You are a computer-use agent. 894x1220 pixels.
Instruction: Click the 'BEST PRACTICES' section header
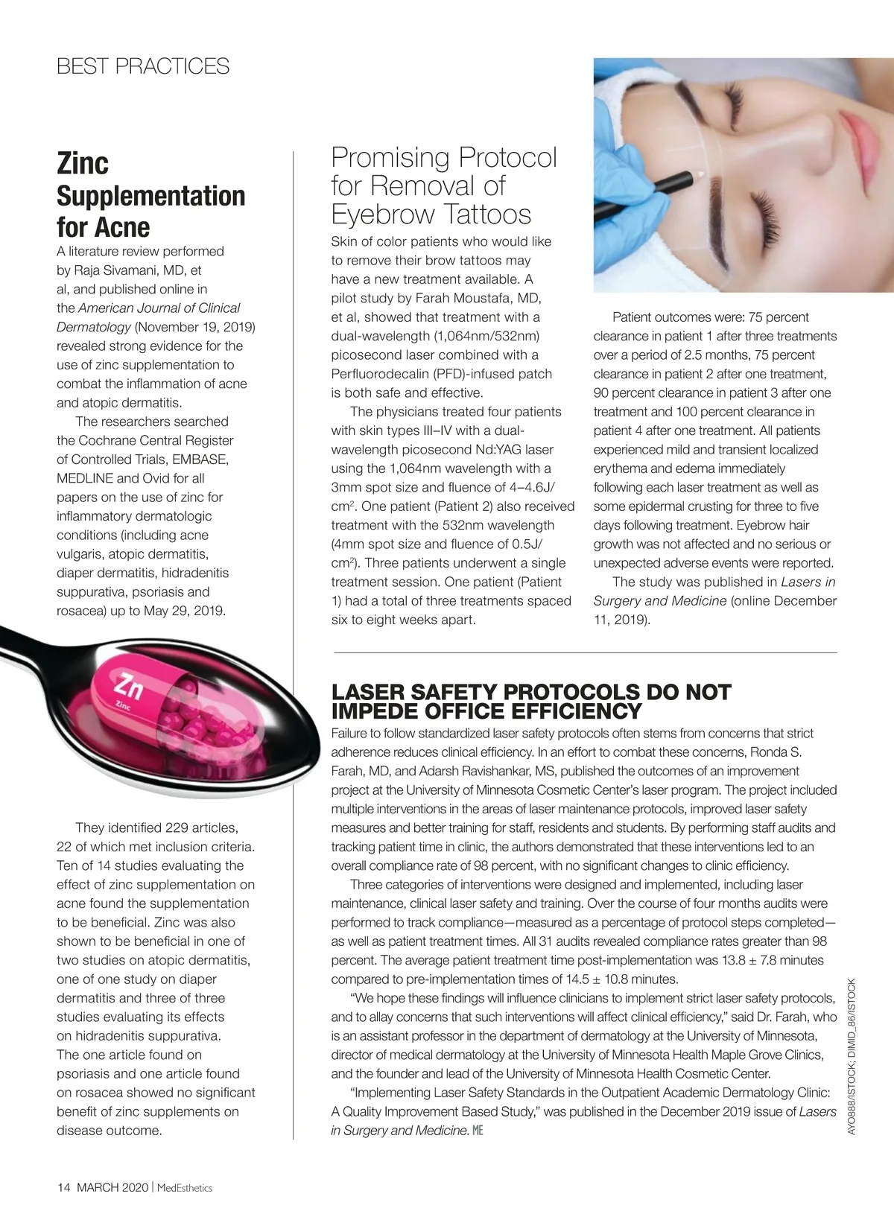click(x=143, y=66)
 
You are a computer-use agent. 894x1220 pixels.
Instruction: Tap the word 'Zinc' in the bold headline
click(x=83, y=163)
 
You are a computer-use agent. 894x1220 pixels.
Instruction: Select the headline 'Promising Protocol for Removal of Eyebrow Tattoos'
click(x=443, y=186)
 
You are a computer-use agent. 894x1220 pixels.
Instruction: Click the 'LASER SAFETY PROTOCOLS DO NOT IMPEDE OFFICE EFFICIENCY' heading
click(x=531, y=701)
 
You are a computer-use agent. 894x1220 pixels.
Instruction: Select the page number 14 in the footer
click(x=63, y=1187)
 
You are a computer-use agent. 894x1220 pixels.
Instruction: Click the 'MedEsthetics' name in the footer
click(x=185, y=1187)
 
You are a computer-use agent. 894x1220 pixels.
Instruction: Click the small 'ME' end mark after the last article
click(x=478, y=1131)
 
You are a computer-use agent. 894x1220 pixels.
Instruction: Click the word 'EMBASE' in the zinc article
click(x=200, y=460)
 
